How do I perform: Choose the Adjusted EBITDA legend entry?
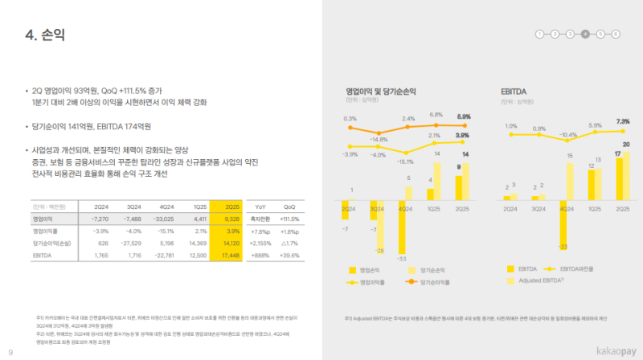[543, 280]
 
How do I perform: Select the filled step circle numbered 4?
[585, 35]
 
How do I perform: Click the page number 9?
[10, 352]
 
